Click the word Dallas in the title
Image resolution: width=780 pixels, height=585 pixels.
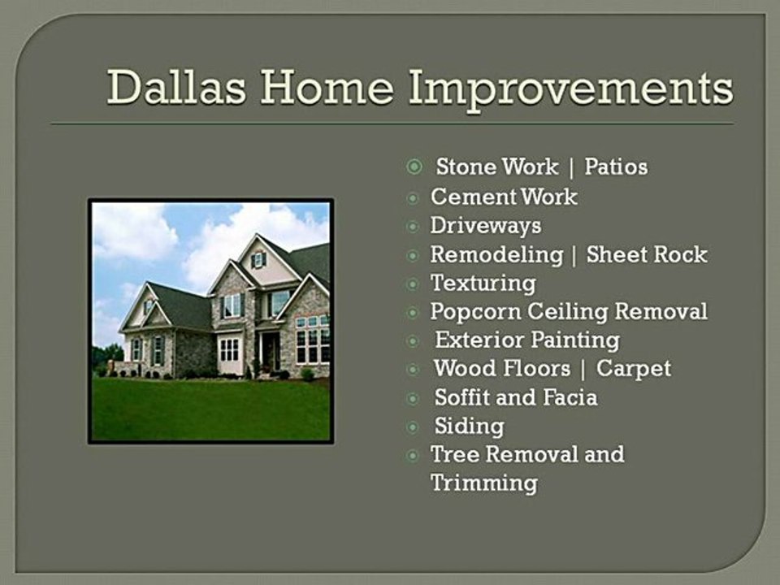click(176, 87)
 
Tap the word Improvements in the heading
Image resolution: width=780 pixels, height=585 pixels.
click(571, 89)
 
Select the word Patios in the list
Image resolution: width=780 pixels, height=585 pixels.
click(616, 167)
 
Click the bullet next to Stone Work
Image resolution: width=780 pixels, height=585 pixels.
click(414, 167)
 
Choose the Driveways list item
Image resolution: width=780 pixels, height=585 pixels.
click(486, 226)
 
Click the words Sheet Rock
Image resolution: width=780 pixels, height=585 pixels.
click(647, 254)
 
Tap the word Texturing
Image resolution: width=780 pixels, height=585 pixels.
click(483, 284)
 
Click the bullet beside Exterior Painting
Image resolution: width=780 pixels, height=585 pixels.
click(413, 341)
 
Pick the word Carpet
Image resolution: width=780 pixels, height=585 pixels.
click(634, 369)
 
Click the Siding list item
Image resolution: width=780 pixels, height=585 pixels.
click(469, 427)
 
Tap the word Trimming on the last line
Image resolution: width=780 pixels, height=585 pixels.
click(484, 483)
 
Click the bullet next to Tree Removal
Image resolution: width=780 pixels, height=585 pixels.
click(413, 455)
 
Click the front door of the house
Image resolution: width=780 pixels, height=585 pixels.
click(271, 351)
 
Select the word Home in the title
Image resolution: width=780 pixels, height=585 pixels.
click(327, 87)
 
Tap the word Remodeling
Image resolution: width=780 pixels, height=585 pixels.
click(496, 255)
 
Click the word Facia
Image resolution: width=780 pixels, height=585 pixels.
click(570, 397)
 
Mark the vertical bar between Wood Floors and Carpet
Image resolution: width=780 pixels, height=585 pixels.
click(583, 370)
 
